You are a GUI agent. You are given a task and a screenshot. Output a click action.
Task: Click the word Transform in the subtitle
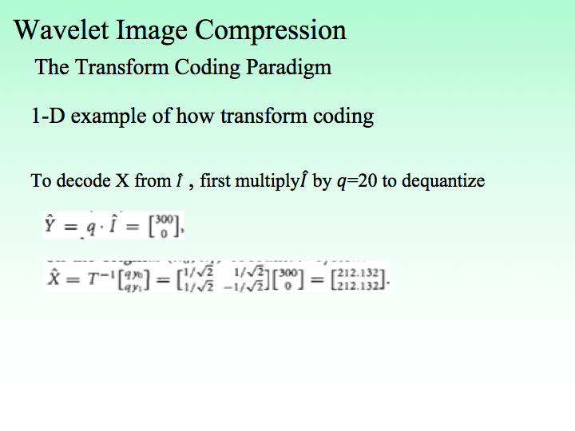click(x=118, y=67)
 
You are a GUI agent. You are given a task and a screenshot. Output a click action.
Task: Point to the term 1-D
click(x=47, y=116)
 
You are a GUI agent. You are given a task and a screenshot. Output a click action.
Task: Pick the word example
click(x=108, y=117)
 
